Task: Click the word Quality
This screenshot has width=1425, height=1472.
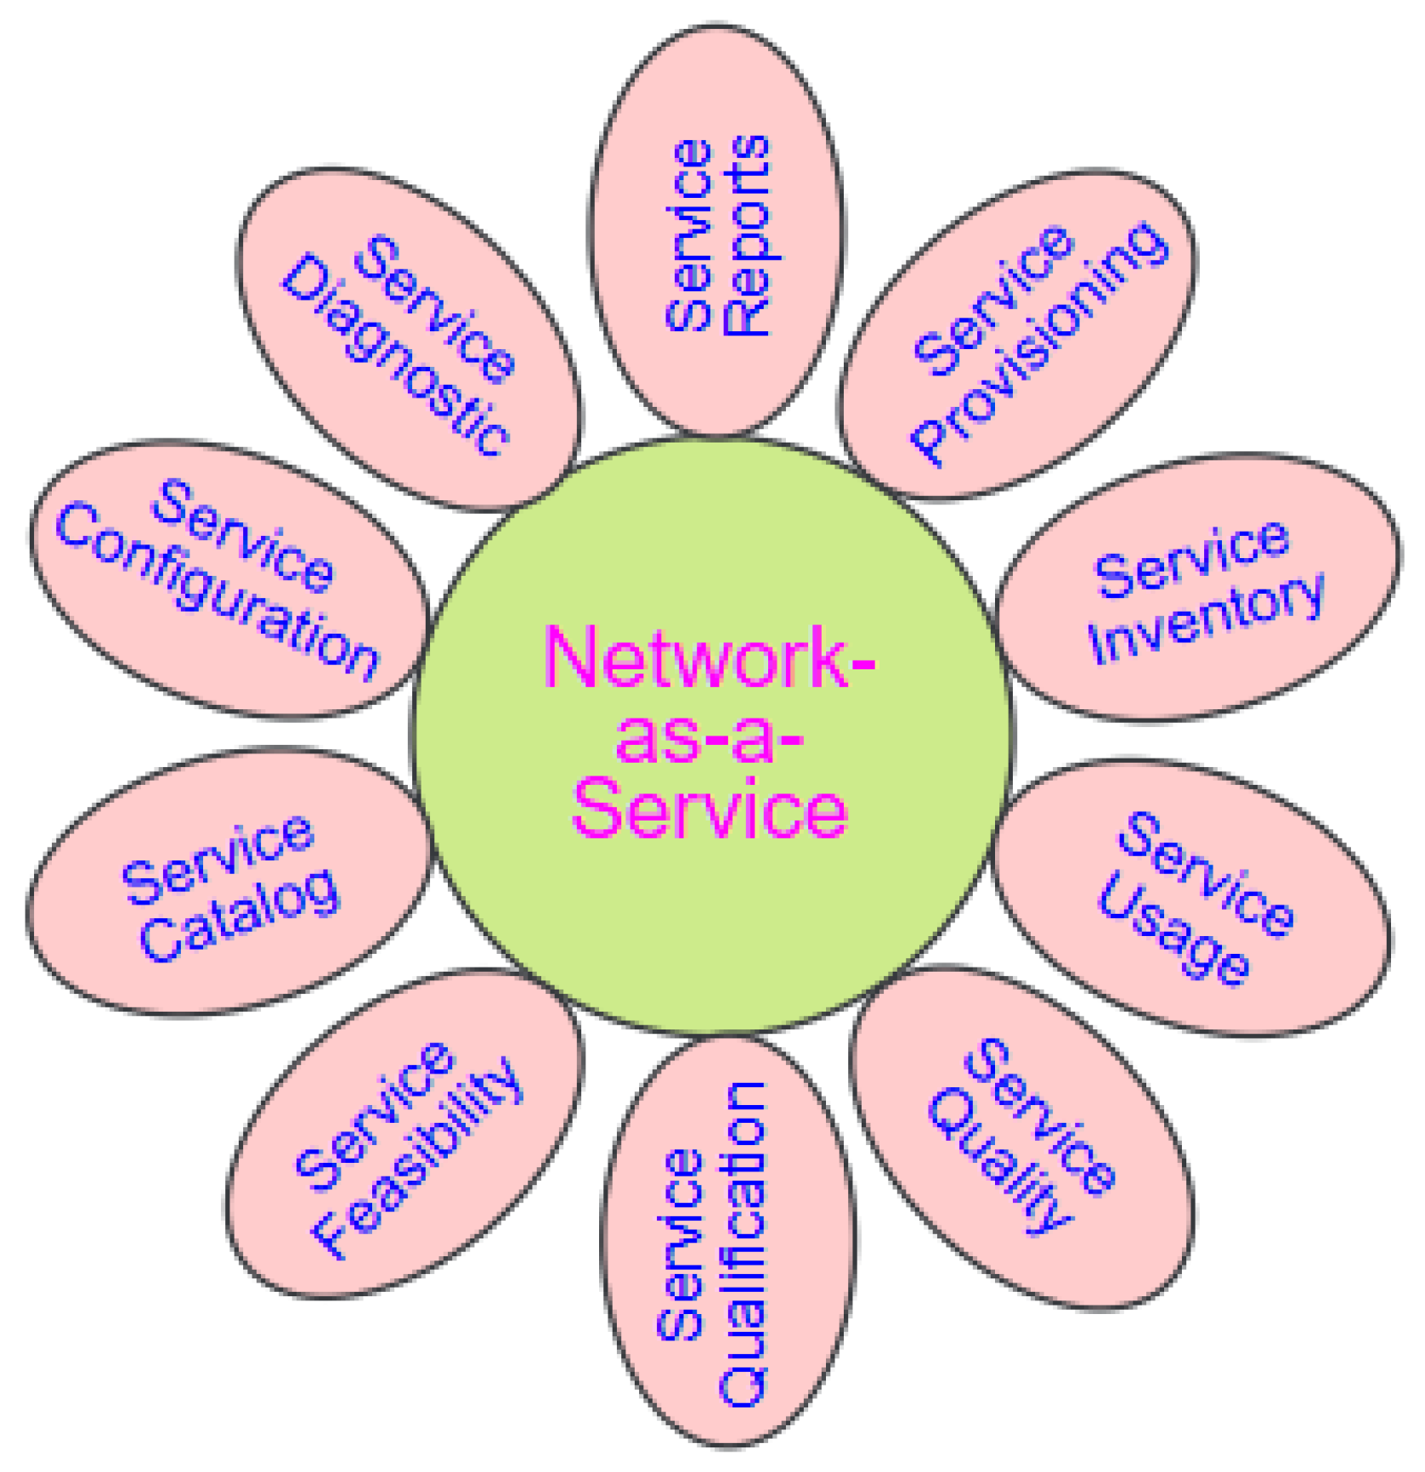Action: point(998,1159)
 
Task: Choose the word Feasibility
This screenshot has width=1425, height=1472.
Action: point(416,1160)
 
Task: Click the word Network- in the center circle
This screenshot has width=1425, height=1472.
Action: point(710,659)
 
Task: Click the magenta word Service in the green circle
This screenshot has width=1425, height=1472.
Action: point(710,810)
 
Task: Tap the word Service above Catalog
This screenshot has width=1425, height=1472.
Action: point(218,859)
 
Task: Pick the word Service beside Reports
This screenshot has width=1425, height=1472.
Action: point(688,235)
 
